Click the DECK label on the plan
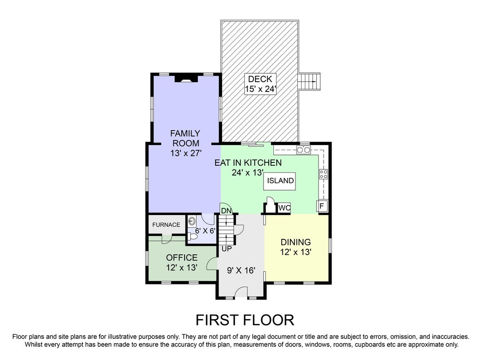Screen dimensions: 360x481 pyautogui.click(x=260, y=79)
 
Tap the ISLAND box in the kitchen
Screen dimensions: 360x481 pyautogui.click(x=280, y=181)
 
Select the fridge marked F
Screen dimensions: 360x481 pyautogui.click(x=322, y=206)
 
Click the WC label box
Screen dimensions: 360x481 pyautogui.click(x=284, y=207)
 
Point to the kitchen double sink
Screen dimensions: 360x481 pyautogui.click(x=303, y=150)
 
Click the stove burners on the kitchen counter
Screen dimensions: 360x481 pyautogui.click(x=324, y=174)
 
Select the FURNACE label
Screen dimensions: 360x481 pyautogui.click(x=166, y=225)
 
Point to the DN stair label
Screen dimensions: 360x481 pyautogui.click(x=226, y=211)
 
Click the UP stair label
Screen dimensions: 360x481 pyautogui.click(x=226, y=249)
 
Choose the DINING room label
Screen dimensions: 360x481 pyautogui.click(x=295, y=242)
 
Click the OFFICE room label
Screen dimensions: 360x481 pyautogui.click(x=182, y=258)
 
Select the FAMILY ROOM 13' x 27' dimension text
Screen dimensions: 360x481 pyautogui.click(x=185, y=153)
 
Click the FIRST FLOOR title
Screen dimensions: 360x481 pyautogui.click(x=245, y=320)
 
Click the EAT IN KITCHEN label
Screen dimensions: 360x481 pyautogui.click(x=248, y=163)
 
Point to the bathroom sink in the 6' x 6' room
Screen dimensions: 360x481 pyautogui.click(x=192, y=221)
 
